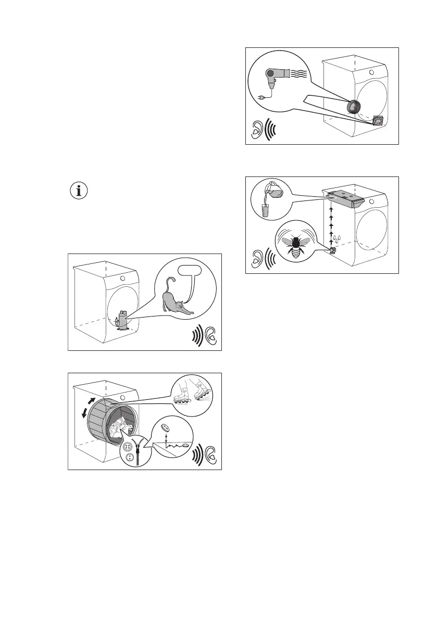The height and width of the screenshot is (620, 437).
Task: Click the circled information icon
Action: coord(79,191)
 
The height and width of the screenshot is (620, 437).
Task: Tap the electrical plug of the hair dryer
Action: coord(261,96)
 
